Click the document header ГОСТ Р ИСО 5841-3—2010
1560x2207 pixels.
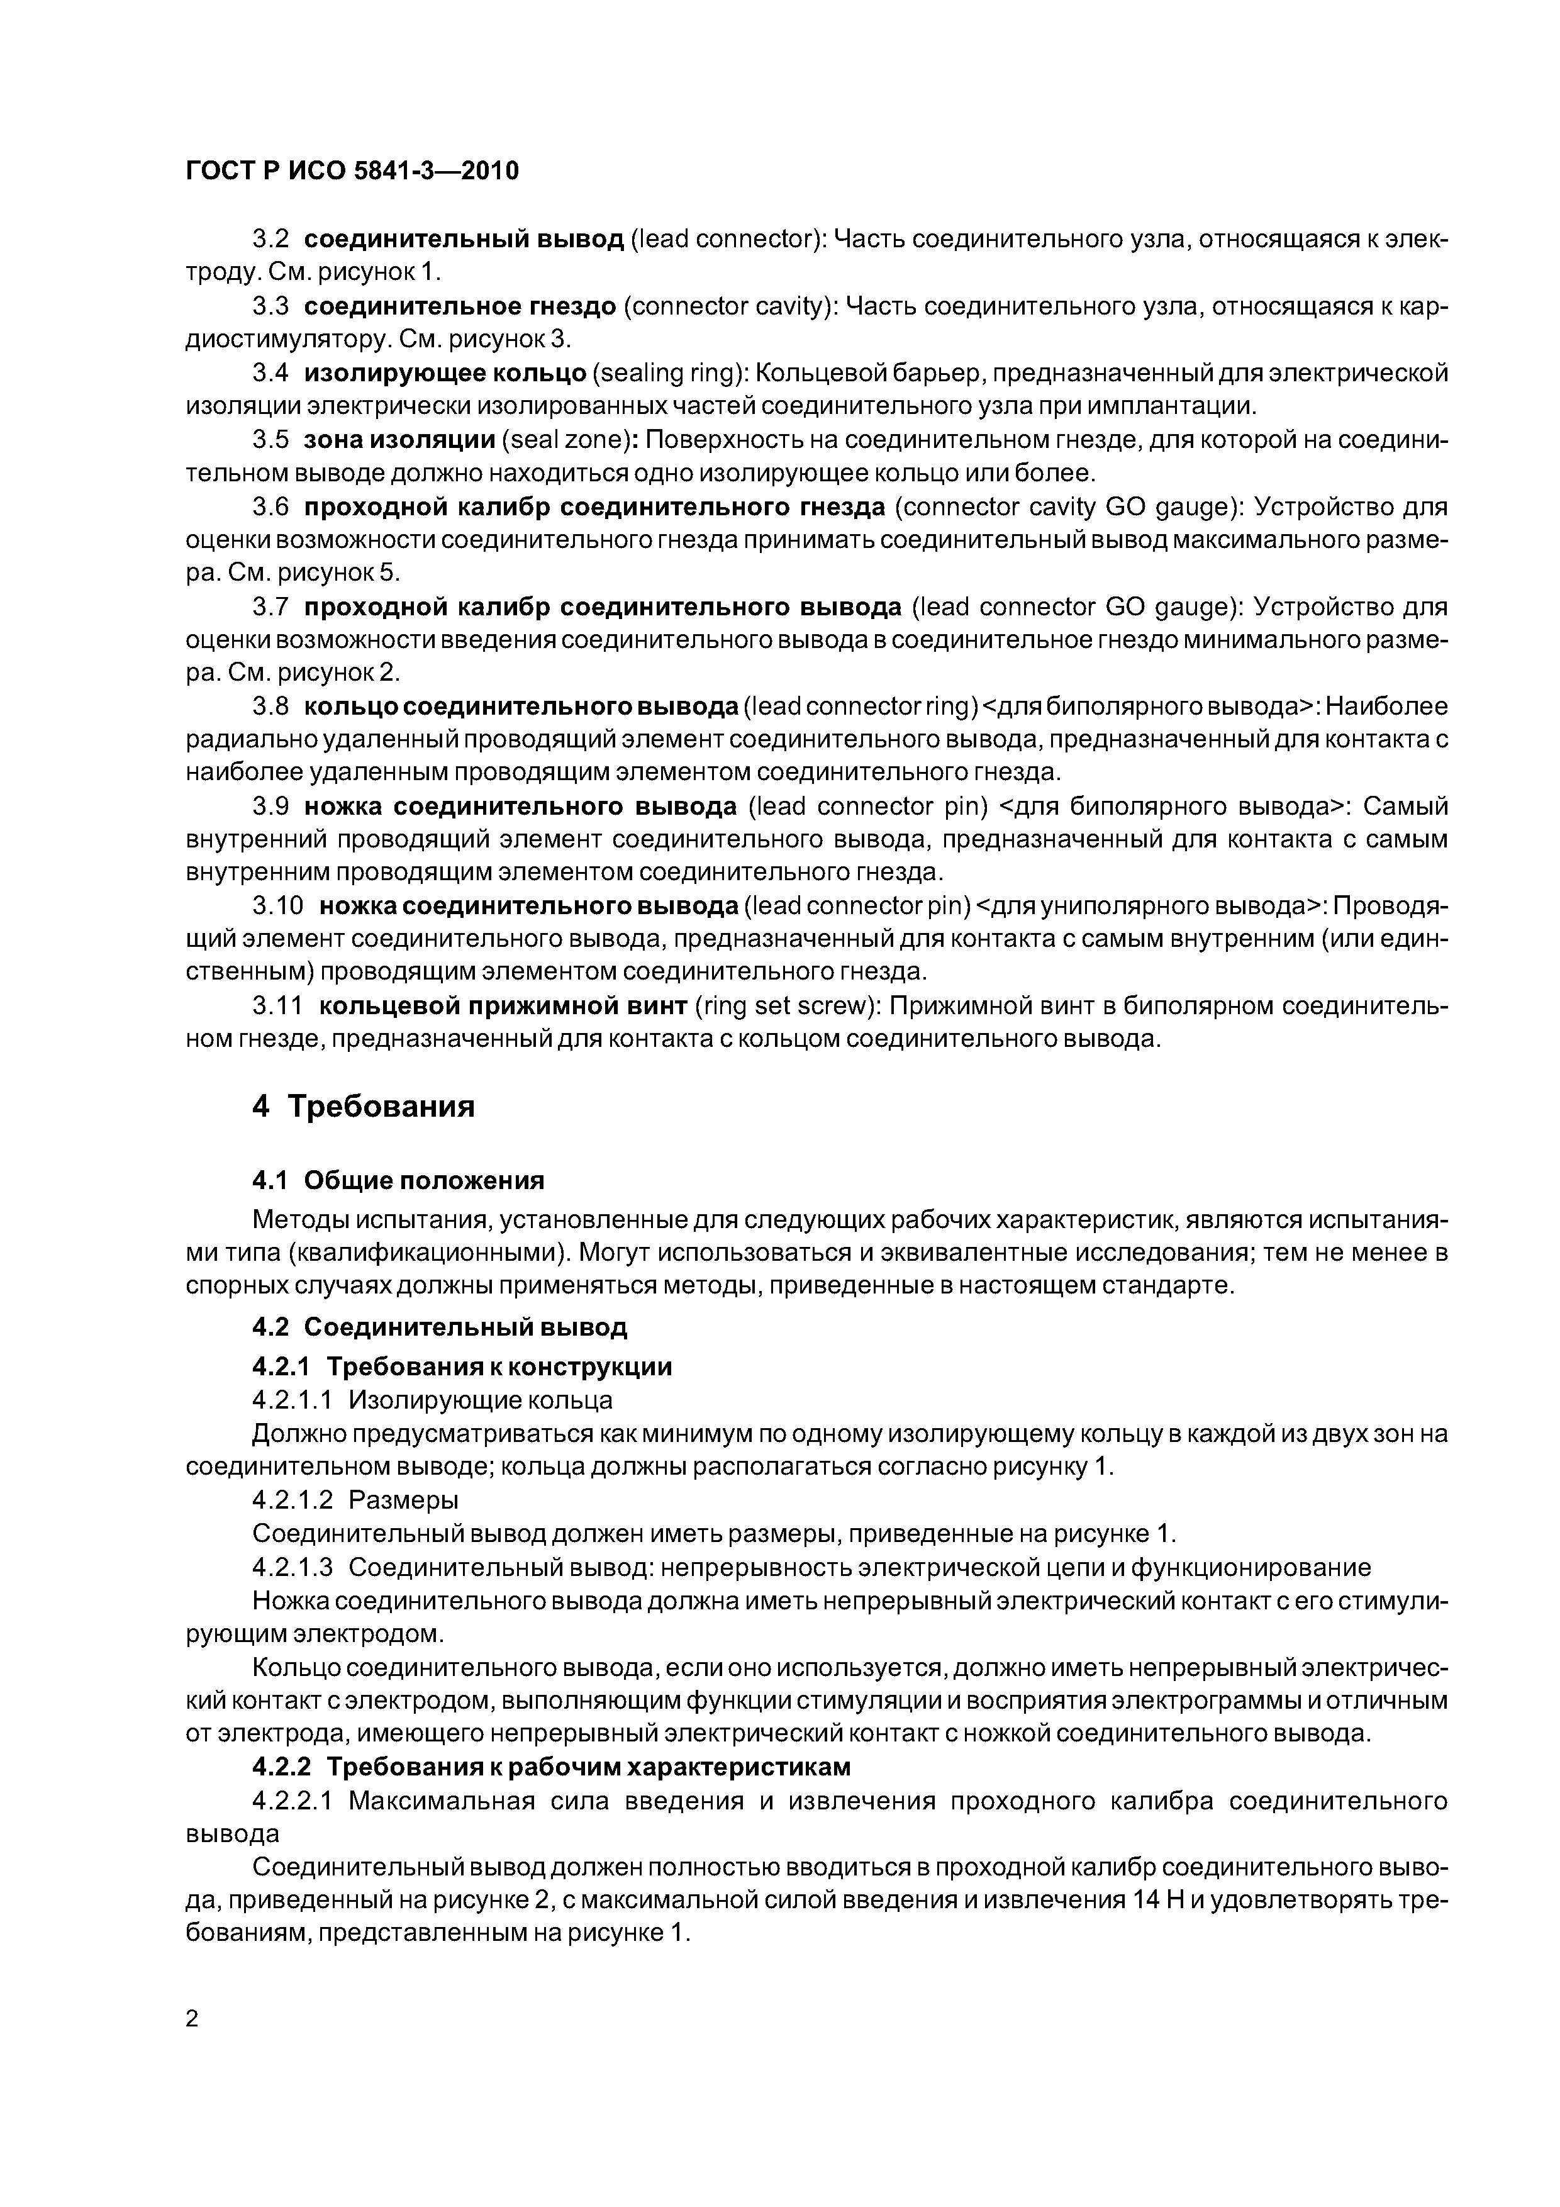click(352, 171)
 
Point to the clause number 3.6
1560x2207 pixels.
click(271, 506)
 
